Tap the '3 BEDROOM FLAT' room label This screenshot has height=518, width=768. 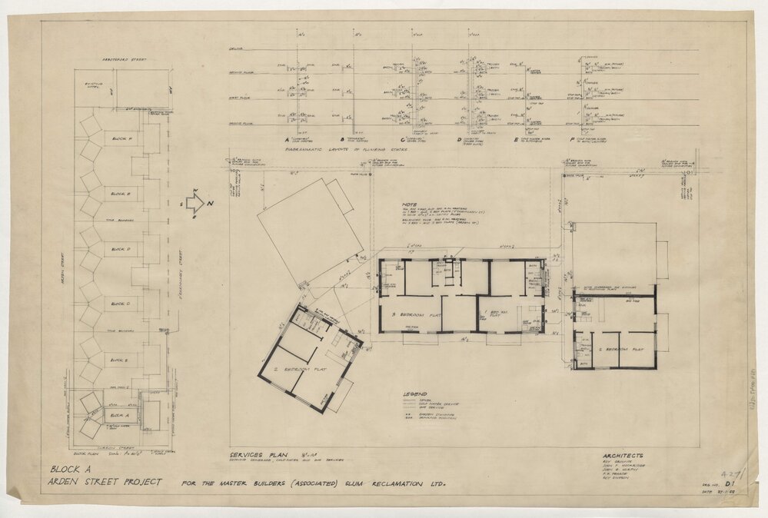click(x=415, y=315)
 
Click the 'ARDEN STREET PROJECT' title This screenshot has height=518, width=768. click(x=106, y=483)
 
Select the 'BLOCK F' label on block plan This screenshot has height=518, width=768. click(x=121, y=138)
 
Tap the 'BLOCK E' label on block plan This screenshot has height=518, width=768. click(x=121, y=194)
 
